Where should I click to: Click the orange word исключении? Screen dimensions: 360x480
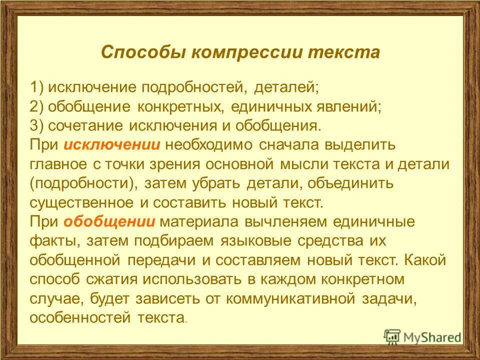point(111,144)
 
